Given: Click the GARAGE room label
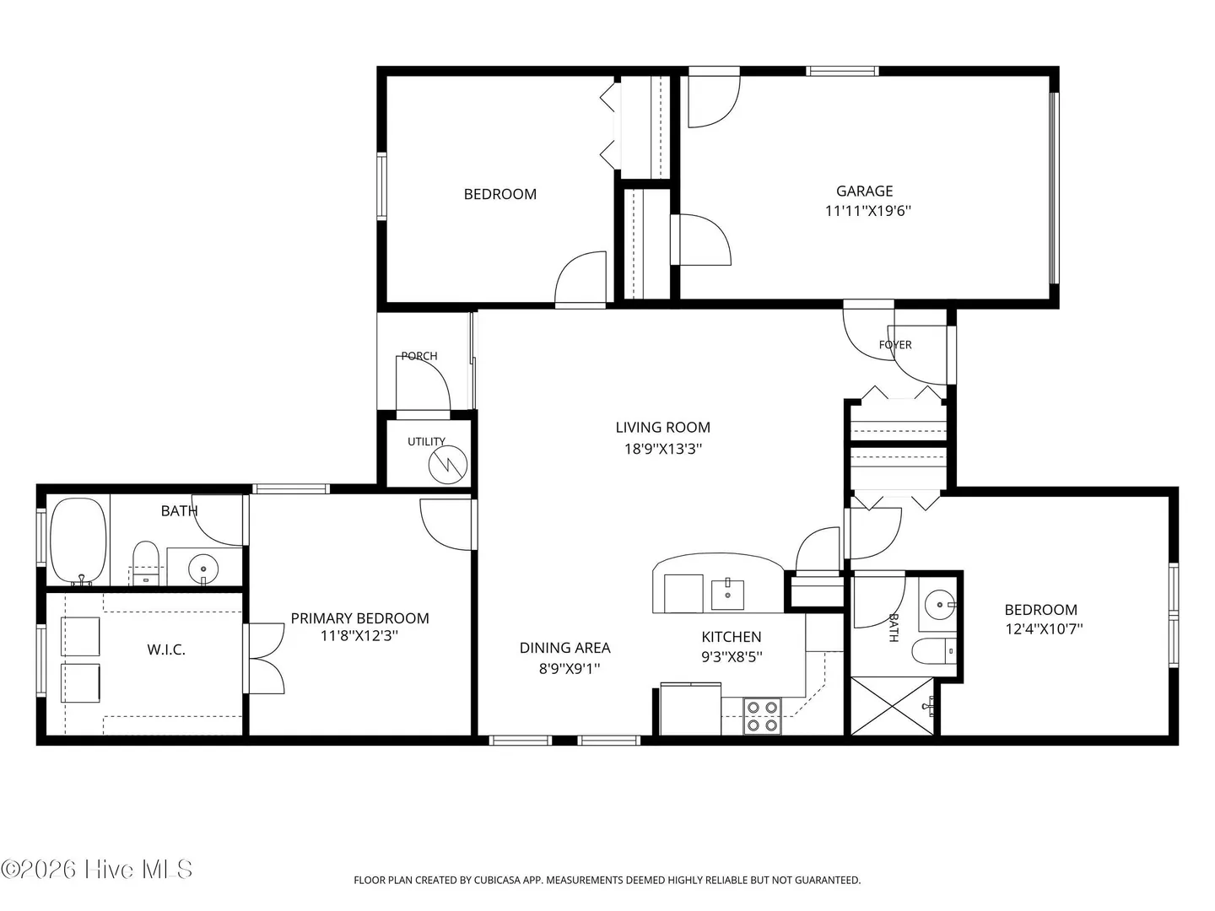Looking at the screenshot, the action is [x=864, y=191].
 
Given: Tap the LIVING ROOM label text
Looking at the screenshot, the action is [x=662, y=427].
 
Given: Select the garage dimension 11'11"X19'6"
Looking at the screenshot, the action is [x=867, y=211].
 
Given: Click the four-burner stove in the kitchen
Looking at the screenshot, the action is [x=762, y=716].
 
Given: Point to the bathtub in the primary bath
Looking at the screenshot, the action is [x=78, y=541].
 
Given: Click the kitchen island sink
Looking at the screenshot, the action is [x=726, y=594].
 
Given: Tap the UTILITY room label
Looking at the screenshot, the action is [x=426, y=441].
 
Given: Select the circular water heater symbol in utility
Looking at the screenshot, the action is [x=448, y=465].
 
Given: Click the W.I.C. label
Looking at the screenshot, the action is [x=166, y=650].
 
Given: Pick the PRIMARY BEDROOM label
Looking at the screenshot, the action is [x=359, y=617].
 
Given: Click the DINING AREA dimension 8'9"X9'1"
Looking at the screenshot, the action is [x=569, y=669].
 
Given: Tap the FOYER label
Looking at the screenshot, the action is [x=895, y=345].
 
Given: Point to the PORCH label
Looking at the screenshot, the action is [x=419, y=356].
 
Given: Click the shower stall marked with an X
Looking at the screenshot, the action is [x=892, y=706].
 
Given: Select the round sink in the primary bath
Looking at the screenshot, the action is [x=203, y=568].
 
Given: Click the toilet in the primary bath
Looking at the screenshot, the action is [x=146, y=563].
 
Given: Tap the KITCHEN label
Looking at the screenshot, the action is [x=732, y=637].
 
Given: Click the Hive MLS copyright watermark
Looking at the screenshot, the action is [x=96, y=869].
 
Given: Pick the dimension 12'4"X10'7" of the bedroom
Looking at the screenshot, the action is [x=1044, y=629].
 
